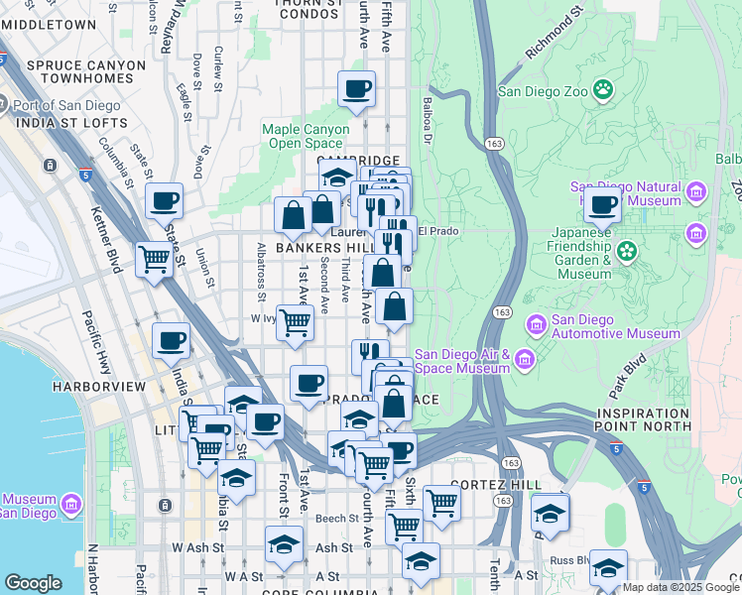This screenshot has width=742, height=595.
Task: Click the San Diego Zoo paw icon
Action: [x=603, y=91]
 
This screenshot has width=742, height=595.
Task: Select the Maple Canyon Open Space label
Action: [x=306, y=136]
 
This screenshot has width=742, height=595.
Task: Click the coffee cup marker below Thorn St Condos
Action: [x=356, y=89]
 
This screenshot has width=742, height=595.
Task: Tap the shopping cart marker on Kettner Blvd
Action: [x=155, y=260]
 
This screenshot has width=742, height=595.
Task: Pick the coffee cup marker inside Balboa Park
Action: [x=602, y=205]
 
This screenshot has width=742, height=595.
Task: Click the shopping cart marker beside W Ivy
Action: [x=295, y=321]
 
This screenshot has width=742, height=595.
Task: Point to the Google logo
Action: [x=33, y=583]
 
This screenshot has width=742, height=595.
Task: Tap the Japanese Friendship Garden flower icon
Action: [x=626, y=251]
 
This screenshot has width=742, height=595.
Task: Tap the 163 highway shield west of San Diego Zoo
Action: [x=493, y=144]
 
